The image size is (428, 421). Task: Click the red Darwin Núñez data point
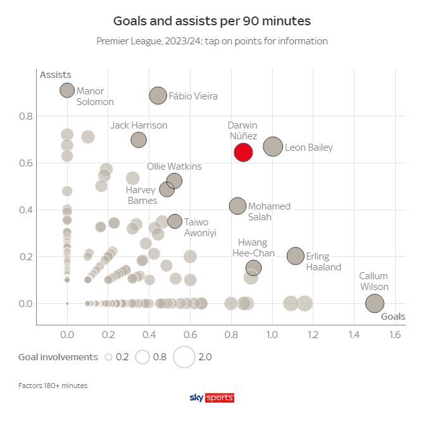tap(243, 152)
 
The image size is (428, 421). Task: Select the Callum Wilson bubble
tap(375, 303)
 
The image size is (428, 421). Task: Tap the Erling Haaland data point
tap(295, 256)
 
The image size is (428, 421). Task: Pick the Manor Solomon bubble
tap(67, 91)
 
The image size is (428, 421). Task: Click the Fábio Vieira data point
tap(158, 96)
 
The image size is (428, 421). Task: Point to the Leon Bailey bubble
tap(273, 147)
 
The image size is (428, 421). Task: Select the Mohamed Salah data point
tap(237, 206)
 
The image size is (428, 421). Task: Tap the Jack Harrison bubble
tap(139, 139)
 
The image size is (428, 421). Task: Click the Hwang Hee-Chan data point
tap(253, 268)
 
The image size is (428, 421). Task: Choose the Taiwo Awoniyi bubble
tap(175, 221)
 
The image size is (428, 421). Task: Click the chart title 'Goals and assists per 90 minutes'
tap(211, 21)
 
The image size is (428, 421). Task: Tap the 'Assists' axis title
tap(55, 75)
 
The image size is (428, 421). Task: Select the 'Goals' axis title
tap(393, 317)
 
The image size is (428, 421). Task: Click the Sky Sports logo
tap(212, 398)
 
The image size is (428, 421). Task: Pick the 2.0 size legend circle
tap(184, 357)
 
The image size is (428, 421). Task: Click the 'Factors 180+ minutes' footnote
tap(53, 385)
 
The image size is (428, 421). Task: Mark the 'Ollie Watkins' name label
tap(174, 167)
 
